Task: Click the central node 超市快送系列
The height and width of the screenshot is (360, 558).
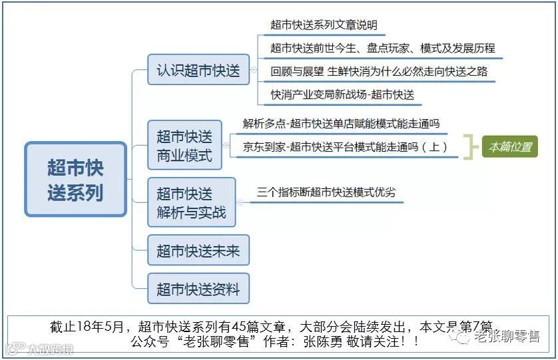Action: (75, 179)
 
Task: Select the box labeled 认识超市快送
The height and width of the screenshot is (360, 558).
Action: (198, 69)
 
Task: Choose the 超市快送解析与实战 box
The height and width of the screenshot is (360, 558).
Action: (191, 202)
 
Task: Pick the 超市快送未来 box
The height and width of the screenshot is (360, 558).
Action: (198, 251)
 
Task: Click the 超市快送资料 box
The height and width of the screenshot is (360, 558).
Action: (198, 289)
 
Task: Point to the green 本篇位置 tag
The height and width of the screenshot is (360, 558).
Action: (510, 147)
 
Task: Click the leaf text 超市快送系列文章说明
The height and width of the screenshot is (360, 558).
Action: (324, 25)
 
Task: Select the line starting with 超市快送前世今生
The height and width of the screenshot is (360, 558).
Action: (382, 48)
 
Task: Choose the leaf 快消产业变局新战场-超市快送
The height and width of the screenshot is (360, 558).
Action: (342, 94)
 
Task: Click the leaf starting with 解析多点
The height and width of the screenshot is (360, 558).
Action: (341, 124)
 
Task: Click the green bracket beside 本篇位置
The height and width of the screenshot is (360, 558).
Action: (471, 147)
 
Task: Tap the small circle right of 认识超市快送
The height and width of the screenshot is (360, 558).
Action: (253, 69)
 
